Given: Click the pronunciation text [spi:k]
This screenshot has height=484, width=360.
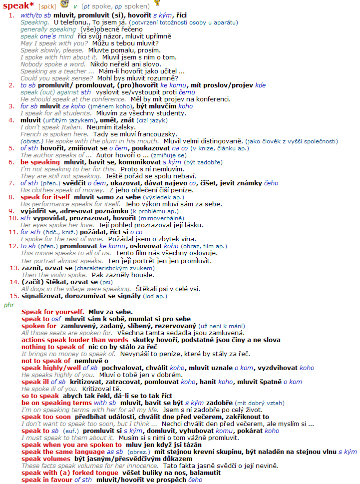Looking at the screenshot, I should tap(47, 6).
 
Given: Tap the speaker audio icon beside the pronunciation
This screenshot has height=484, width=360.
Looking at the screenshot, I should tap(64, 4).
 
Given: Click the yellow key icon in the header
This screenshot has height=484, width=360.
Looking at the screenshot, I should tap(157, 3).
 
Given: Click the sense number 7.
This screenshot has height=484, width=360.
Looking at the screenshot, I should tap(11, 183).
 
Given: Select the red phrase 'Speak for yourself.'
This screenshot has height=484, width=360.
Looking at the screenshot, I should tap(52, 312).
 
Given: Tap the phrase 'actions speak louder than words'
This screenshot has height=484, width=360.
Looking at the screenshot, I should tap(75, 340).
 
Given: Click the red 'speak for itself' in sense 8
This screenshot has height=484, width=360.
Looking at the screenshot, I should tap(45, 197).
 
